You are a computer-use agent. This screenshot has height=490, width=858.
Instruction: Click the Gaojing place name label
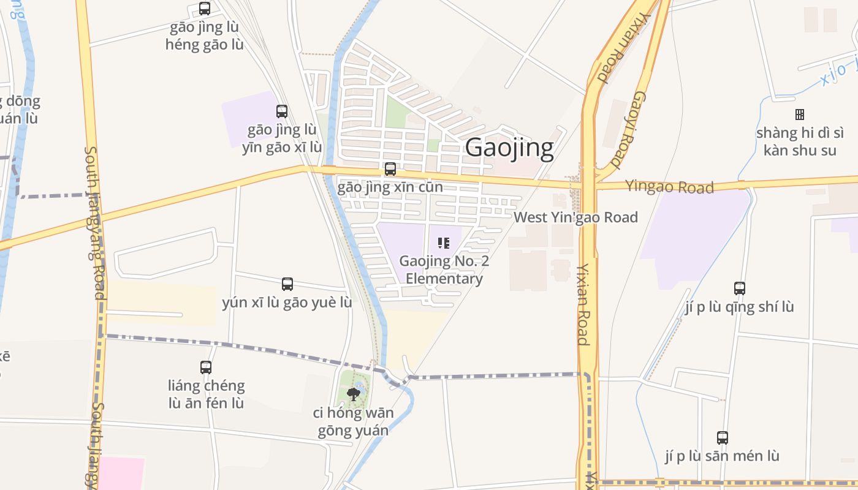point(509,148)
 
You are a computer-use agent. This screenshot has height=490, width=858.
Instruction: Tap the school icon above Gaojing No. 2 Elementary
point(444,243)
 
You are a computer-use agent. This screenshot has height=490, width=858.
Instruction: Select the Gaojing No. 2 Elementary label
point(444,270)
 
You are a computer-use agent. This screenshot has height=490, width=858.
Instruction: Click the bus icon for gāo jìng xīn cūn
point(390,169)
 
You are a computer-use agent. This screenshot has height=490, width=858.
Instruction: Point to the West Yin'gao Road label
point(575,217)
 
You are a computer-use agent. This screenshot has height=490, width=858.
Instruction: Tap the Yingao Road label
point(669,186)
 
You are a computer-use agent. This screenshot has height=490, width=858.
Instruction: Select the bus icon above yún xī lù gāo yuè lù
point(287,284)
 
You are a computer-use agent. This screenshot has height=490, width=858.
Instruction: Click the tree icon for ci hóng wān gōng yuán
point(353,394)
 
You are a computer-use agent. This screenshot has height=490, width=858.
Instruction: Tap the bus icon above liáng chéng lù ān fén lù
point(206,367)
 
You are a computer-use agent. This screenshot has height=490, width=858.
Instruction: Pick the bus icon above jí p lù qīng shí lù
point(740,288)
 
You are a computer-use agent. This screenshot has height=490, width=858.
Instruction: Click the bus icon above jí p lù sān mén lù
point(723,438)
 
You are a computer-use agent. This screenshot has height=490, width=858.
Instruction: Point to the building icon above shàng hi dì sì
point(800,115)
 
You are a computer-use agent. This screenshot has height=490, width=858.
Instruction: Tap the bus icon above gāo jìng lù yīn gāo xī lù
point(282,111)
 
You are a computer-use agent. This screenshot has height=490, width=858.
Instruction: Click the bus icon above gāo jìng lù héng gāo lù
point(205,9)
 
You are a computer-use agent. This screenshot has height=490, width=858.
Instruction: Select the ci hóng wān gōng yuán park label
point(353,421)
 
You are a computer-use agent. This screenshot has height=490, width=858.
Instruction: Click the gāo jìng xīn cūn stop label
point(390,187)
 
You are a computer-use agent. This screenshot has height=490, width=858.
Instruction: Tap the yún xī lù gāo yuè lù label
point(287,303)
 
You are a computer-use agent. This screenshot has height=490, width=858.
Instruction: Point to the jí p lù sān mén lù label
point(722,456)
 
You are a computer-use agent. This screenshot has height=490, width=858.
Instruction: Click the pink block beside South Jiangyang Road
point(121,473)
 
